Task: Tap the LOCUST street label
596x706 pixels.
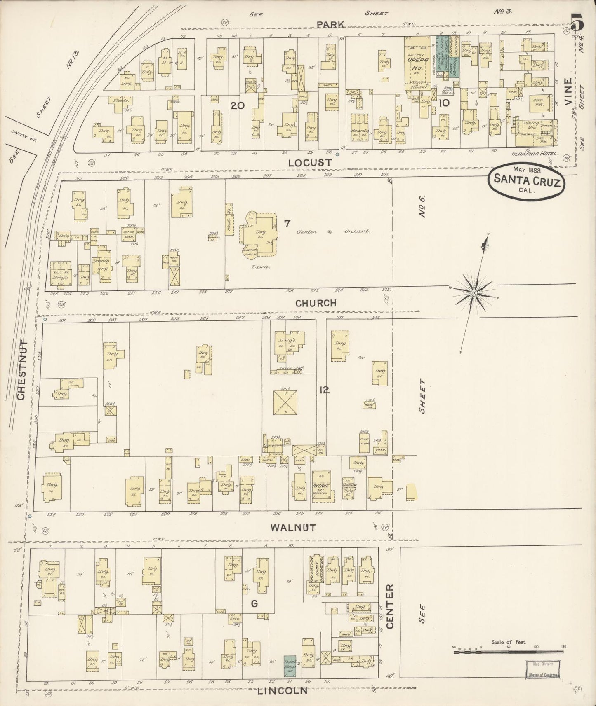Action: [310, 163]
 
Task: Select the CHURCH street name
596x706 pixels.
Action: [316, 303]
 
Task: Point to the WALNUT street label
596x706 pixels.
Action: [293, 527]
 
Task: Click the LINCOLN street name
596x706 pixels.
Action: [283, 691]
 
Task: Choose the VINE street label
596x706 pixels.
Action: [569, 92]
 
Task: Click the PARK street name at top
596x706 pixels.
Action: [330, 25]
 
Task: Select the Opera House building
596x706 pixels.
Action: [419, 62]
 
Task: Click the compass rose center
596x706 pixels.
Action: [474, 292]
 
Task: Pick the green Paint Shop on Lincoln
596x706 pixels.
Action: [289, 664]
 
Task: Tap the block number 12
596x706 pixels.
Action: [324, 390]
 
